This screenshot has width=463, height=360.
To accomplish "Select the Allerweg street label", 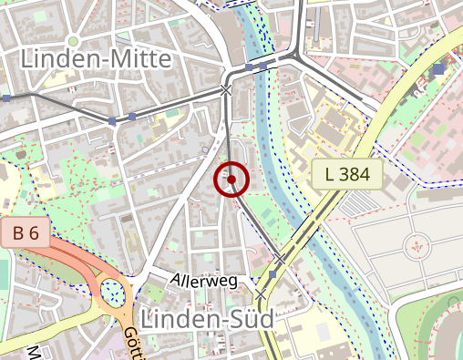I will click(203, 281).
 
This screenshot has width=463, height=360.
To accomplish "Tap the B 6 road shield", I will click(26, 232).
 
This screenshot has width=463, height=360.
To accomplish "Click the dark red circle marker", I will click(231, 180).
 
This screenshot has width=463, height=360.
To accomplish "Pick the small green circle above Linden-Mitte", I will click(73, 40).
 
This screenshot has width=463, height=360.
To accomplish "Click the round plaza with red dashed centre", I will click(418, 243).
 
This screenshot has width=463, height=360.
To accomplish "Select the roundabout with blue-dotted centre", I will click(114, 292).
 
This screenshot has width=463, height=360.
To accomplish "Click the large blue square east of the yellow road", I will click(439, 69).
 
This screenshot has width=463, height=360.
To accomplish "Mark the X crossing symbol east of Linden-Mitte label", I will click(226, 90).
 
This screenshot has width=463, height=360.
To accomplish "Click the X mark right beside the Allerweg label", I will click(262, 294).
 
